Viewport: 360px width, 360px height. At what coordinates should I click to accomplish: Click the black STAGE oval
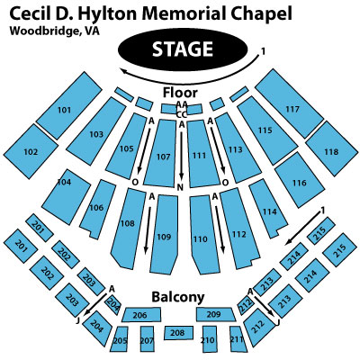pyautogui.click(x=183, y=49)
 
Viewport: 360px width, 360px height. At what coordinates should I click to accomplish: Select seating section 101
pyautogui.click(x=69, y=105)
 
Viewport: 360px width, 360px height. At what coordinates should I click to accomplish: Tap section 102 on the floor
pyautogui.click(x=31, y=151)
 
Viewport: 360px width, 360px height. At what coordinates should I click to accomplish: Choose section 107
pyautogui.click(x=160, y=153)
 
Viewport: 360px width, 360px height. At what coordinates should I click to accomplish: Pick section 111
pyautogui.click(x=202, y=154)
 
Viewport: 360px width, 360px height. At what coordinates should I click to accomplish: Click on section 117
pyautogui.click(x=289, y=103)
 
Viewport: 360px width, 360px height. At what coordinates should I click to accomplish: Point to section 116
pyautogui.click(x=300, y=180)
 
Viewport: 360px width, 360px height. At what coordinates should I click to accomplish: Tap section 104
pyautogui.click(x=66, y=196)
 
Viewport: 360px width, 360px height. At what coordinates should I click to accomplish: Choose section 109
pyautogui.click(x=164, y=235)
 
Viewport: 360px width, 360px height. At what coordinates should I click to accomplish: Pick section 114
pyautogui.click(x=268, y=209)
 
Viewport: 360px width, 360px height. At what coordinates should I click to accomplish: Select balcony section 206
pyautogui.click(x=141, y=315)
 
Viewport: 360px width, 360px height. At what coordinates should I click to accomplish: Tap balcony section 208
pyautogui.click(x=178, y=333)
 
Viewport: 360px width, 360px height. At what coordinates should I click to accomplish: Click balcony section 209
pyautogui.click(x=216, y=314)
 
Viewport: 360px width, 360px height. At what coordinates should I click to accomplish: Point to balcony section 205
pyautogui.click(x=120, y=339)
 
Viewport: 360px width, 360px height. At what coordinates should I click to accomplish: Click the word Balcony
pyautogui.click(x=178, y=297)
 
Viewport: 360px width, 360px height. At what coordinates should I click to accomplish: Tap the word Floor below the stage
pyautogui.click(x=180, y=93)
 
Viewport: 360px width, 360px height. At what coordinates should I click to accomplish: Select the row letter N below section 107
pyautogui.click(x=180, y=187)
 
